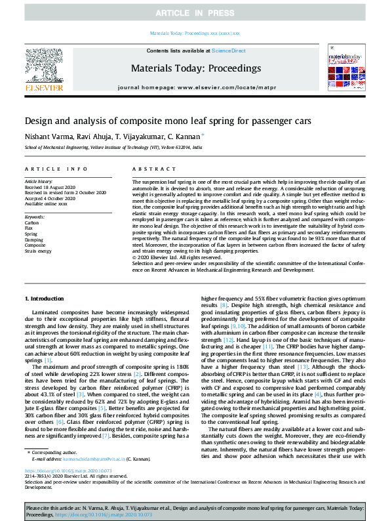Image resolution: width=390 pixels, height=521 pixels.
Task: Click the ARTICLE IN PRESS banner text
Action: (195, 13)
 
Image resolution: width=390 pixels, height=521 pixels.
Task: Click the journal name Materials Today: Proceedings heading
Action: (195, 68)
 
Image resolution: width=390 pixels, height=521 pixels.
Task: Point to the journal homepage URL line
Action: (195, 87)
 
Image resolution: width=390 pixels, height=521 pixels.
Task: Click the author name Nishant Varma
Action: (45, 136)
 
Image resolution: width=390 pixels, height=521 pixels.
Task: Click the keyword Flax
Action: (29, 228)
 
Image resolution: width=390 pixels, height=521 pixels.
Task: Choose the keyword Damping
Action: (34, 239)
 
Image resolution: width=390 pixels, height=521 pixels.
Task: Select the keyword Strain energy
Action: (38, 250)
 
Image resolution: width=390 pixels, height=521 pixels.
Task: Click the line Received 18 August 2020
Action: (50, 187)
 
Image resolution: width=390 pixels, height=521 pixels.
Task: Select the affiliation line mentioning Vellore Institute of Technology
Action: (113, 148)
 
